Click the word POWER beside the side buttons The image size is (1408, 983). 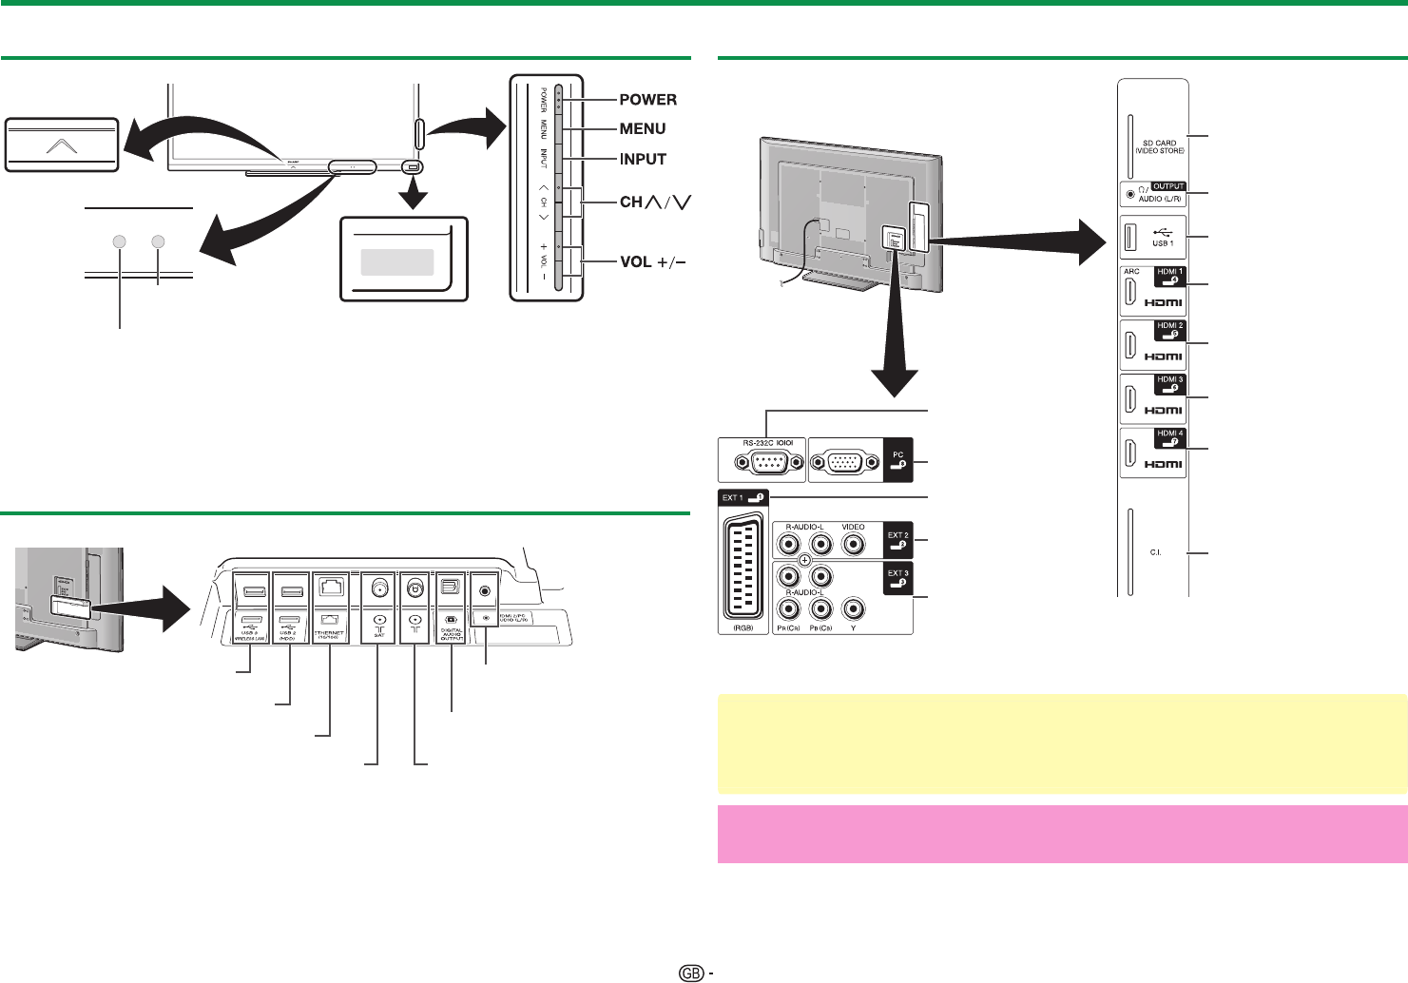[x=647, y=100]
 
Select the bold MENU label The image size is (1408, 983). [x=643, y=129]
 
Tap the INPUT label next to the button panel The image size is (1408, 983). [x=643, y=160]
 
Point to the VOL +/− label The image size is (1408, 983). [x=652, y=261]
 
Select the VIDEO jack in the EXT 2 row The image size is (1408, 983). [x=854, y=545]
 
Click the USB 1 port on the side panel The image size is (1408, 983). [x=1130, y=238]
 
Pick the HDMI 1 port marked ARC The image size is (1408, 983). [x=1131, y=292]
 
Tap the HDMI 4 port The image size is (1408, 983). [x=1131, y=453]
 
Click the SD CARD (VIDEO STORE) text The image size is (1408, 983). [x=1159, y=147]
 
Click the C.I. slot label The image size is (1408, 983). [x=1155, y=553]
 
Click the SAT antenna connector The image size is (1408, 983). [x=378, y=590]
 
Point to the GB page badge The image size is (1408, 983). [x=691, y=973]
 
